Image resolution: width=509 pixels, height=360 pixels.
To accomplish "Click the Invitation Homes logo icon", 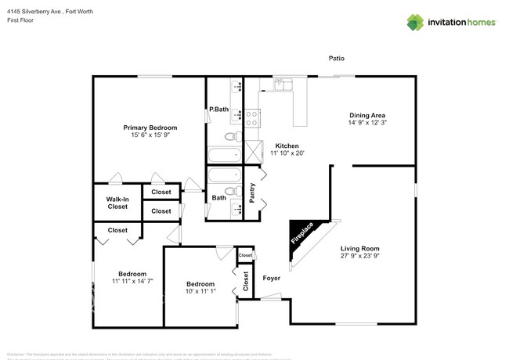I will click(414, 22).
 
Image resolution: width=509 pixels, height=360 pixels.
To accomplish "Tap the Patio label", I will click(337, 59).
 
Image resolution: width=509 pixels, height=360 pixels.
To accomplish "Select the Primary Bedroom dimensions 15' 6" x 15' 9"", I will click(150, 135).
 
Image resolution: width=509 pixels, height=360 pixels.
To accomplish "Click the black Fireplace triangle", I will click(302, 232).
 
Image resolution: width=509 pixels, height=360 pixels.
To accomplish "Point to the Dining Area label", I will click(367, 115).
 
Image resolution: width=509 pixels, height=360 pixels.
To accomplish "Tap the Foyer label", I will click(271, 278).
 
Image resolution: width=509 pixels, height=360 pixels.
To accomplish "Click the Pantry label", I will click(252, 193).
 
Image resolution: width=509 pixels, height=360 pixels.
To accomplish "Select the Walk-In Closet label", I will click(117, 203).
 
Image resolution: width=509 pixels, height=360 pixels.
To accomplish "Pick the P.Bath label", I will click(218, 110).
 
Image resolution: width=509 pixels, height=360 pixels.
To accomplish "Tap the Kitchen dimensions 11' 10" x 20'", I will click(287, 153).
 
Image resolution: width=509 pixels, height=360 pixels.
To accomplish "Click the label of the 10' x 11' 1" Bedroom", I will click(200, 284).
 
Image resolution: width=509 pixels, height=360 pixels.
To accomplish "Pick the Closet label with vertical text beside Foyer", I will click(245, 281).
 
